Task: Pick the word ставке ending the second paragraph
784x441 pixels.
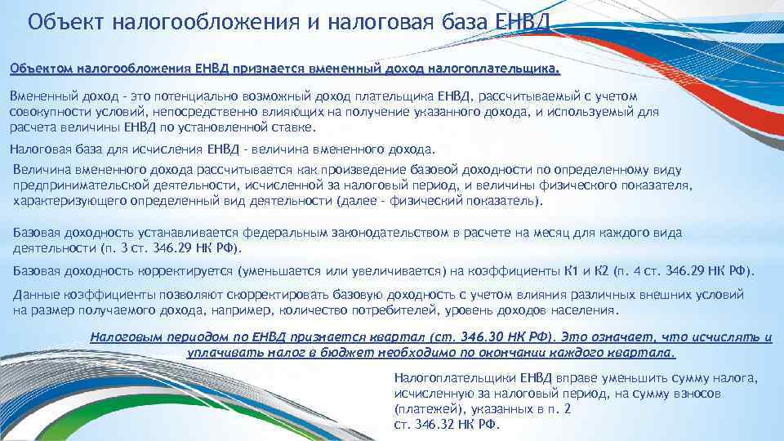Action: click(x=290, y=127)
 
